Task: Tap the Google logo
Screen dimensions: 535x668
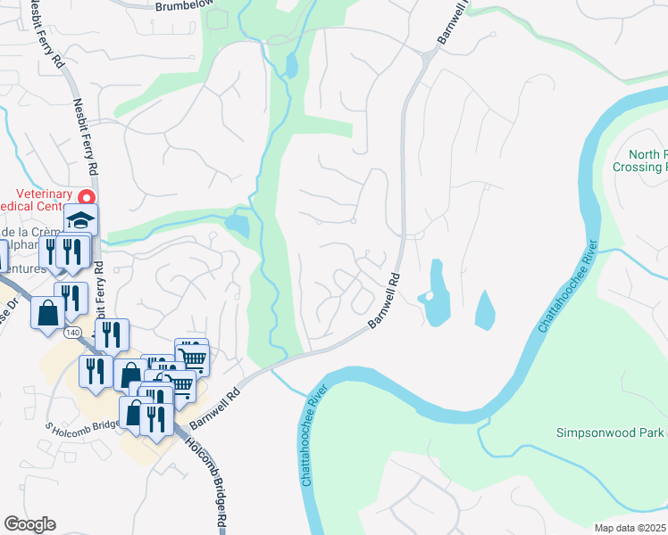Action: tap(29, 524)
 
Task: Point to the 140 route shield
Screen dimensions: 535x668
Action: tap(73, 333)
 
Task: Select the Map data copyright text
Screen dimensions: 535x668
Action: tap(630, 528)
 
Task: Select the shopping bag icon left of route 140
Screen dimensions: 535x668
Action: tap(47, 313)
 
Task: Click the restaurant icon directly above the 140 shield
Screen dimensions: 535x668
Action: tap(71, 300)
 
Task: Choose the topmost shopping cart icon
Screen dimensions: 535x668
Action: tap(192, 355)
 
